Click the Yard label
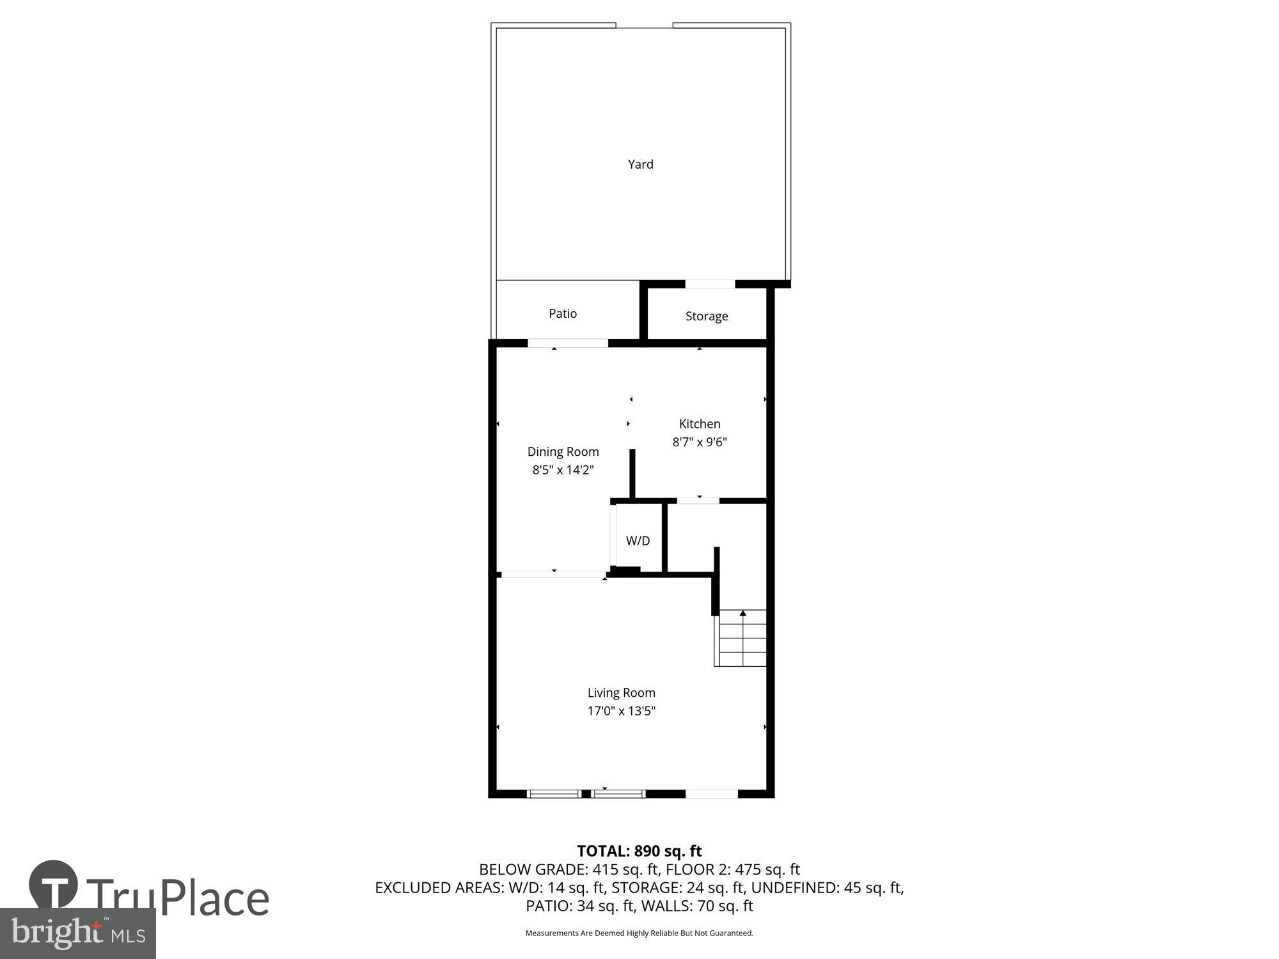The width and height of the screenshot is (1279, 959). point(640,164)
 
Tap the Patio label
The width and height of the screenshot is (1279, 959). point(563,313)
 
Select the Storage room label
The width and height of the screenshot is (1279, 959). point(707,316)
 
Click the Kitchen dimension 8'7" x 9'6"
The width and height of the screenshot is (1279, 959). point(700,442)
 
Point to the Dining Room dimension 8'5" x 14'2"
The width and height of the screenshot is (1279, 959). point(563,470)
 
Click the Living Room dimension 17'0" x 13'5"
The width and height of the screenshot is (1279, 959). point(622,711)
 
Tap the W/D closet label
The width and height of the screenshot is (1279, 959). point(638,541)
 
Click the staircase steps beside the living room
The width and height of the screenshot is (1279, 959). point(742,643)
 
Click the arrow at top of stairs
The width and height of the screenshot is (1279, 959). point(743,614)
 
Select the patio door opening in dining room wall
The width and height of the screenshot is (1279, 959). point(568,343)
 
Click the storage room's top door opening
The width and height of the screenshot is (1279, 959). point(710,284)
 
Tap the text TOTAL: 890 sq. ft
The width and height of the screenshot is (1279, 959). point(639,851)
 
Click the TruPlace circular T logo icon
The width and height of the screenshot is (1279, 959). point(54,885)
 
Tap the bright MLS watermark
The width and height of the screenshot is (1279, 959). point(78,934)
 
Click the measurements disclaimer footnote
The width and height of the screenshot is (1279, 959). point(639,933)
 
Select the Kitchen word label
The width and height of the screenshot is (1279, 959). point(700,424)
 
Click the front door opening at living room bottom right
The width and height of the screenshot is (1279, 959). point(712,794)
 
